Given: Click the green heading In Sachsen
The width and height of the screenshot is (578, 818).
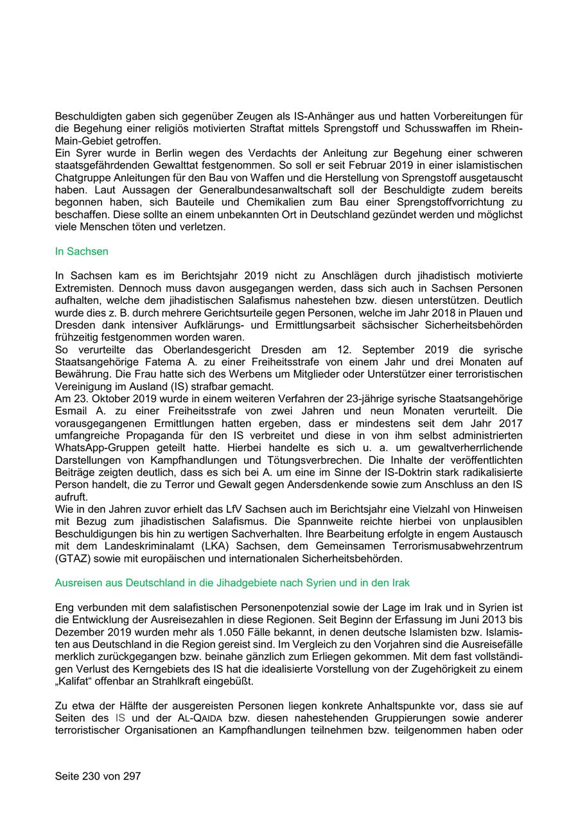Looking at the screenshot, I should click(82, 251).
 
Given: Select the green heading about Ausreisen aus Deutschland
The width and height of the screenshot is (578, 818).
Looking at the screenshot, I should click(232, 583).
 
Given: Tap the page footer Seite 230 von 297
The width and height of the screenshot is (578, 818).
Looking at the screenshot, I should click(98, 776).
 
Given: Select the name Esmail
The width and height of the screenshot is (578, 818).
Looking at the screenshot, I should click(72, 411).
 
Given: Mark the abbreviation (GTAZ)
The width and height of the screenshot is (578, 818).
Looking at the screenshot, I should click(73, 558).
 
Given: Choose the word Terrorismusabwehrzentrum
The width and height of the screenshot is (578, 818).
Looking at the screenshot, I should click(459, 546).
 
